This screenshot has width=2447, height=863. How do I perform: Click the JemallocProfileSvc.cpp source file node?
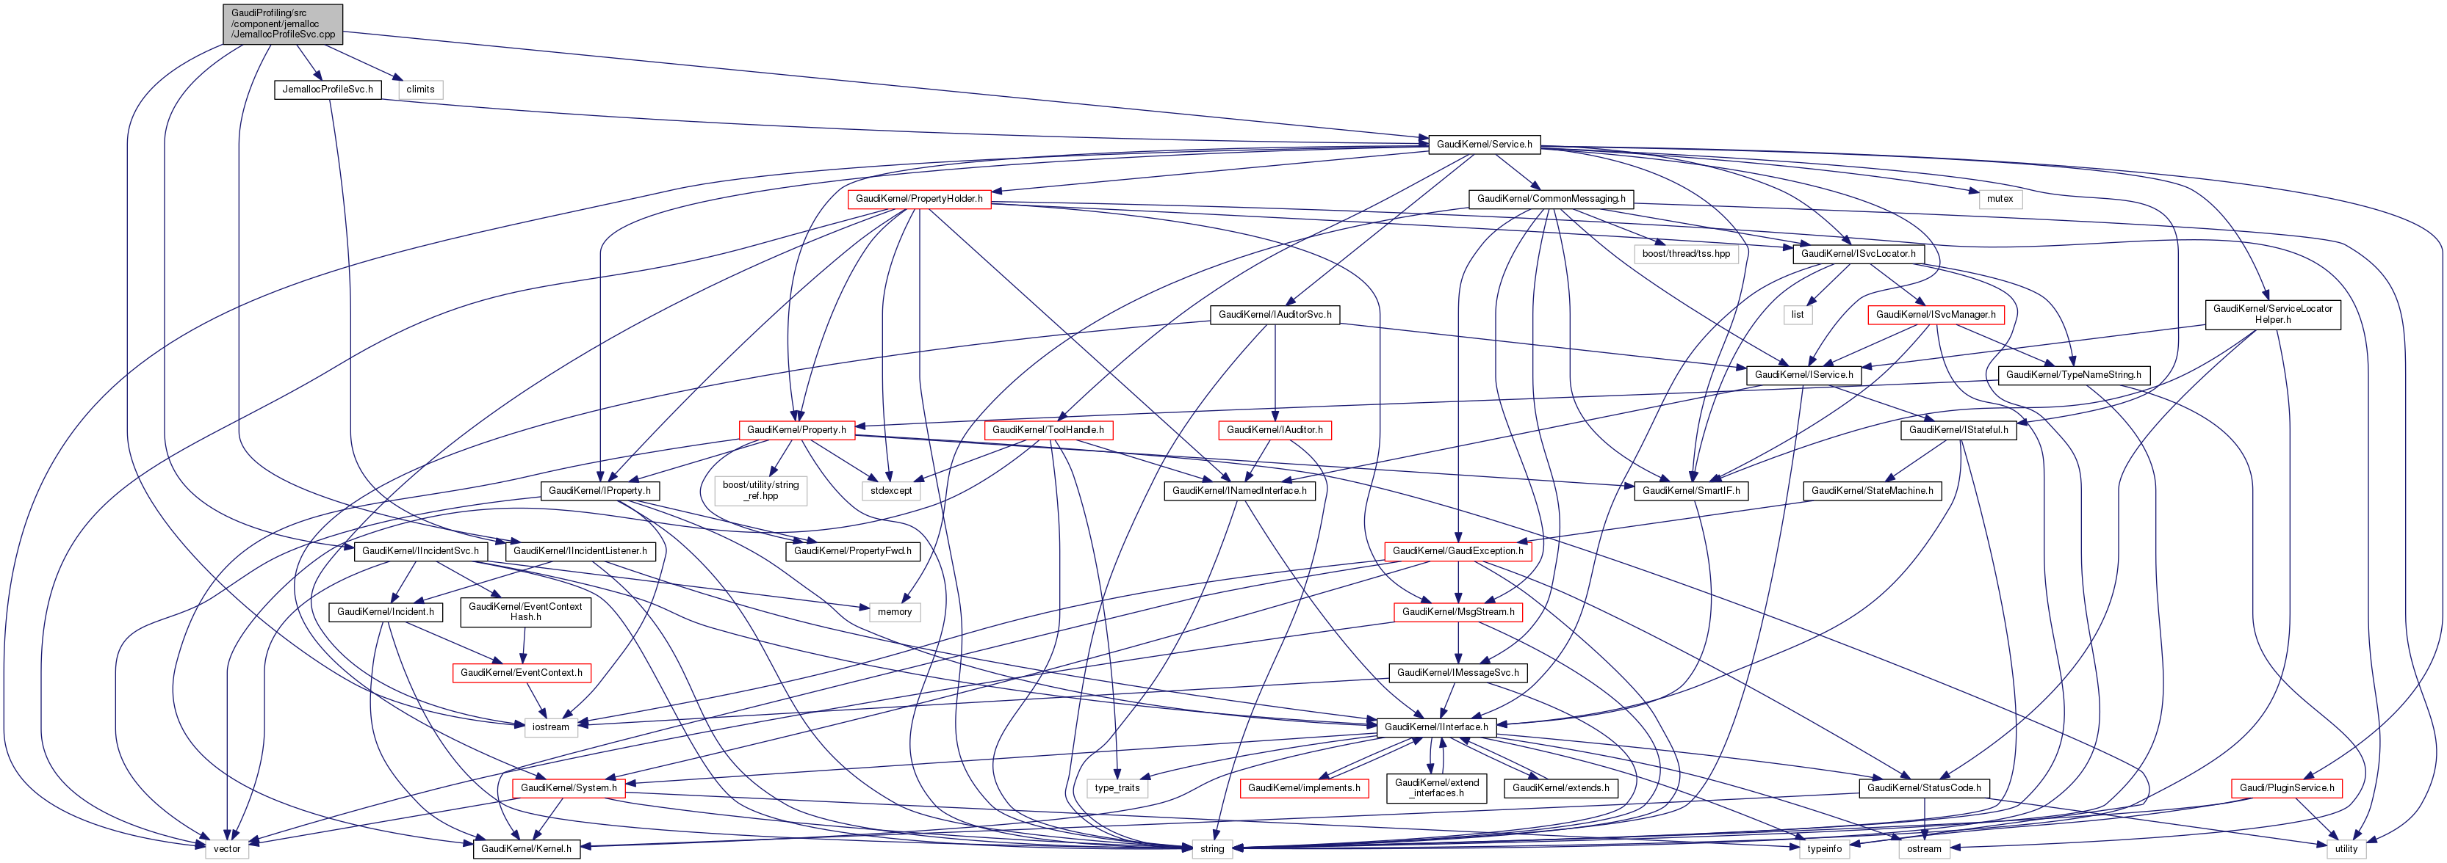point(282,23)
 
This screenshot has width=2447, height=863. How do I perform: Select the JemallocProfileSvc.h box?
point(328,90)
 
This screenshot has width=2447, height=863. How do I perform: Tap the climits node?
point(420,90)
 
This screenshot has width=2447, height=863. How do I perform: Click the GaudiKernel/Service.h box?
point(1484,145)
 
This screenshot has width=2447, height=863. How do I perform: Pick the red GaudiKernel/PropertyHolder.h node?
point(918,198)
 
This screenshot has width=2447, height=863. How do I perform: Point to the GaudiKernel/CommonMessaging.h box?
point(1550,198)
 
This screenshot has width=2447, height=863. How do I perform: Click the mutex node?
point(2000,198)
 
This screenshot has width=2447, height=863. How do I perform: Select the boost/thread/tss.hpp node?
point(1686,253)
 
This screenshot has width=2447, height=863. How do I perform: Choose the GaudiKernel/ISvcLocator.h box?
point(1858,253)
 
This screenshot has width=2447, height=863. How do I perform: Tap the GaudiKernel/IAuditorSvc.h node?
point(1274,314)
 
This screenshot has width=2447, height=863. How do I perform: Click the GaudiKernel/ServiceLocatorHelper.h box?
point(2272,314)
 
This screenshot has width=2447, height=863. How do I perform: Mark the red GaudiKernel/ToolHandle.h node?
point(1048,430)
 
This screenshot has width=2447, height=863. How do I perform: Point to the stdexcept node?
point(890,491)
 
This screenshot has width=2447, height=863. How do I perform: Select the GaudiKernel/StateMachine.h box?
point(1871,491)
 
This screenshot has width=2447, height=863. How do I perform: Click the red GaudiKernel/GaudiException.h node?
point(1457,550)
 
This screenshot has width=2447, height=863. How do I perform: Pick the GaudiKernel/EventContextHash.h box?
point(525,611)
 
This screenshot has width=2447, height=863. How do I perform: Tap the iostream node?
point(550,727)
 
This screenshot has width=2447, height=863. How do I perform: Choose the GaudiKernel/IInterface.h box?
point(1435,727)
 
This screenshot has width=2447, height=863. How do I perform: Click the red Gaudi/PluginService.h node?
point(2285,788)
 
